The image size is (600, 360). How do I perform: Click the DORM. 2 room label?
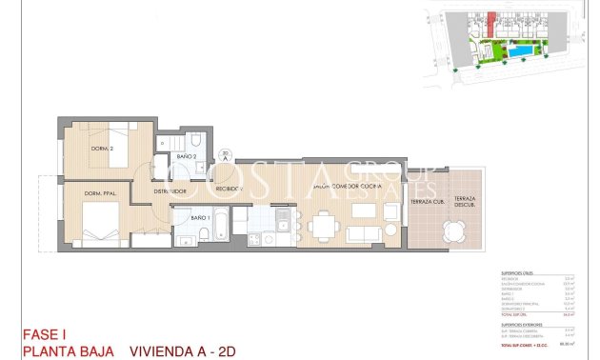pos(90,149)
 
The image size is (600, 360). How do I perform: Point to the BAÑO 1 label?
pos(200,218)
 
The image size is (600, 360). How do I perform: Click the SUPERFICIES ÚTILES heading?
pos(518,273)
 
